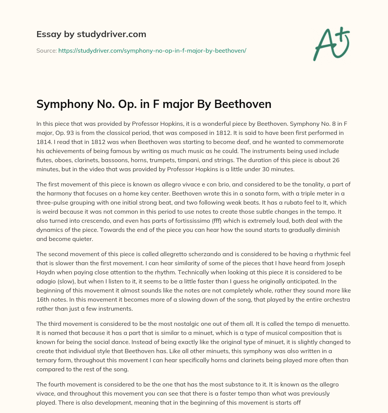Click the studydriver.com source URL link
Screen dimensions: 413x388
pos(152,50)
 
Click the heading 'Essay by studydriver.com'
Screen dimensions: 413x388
pos(91,34)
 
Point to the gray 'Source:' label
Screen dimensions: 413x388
pos(46,50)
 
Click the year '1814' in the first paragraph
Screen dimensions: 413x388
pos(44,142)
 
